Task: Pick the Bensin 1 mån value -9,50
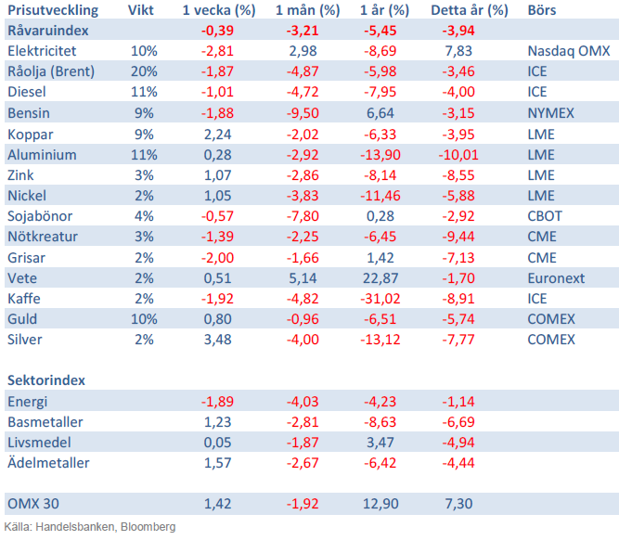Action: (x=300, y=113)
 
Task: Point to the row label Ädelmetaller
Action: (x=47, y=463)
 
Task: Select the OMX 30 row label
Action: (x=33, y=504)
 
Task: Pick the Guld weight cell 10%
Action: (x=144, y=319)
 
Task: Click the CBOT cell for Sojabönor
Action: (x=544, y=216)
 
